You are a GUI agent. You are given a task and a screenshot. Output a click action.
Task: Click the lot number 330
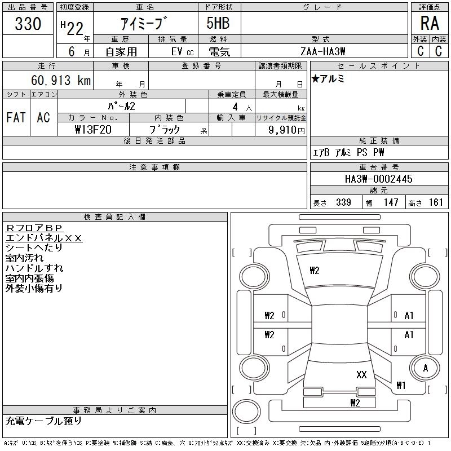point(28,24)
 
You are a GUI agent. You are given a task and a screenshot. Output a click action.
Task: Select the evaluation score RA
point(430,23)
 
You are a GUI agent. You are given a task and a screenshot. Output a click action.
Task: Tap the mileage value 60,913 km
point(61,80)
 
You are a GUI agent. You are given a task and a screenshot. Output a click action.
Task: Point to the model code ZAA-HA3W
point(322,51)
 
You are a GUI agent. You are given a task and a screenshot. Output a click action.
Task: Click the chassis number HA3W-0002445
point(378,179)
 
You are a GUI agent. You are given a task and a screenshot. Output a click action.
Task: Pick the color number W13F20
point(93,130)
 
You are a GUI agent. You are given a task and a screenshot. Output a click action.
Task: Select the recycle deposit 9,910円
point(286,130)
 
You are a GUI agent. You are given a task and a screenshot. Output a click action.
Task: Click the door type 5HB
point(218,23)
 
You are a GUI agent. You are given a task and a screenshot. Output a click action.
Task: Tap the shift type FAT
point(16,117)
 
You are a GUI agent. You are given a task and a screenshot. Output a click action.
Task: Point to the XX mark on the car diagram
point(361,374)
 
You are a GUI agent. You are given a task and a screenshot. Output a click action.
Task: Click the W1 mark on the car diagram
point(401,385)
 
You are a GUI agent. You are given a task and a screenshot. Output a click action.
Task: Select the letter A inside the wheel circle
point(426,368)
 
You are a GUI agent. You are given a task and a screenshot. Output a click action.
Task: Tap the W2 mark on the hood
point(315,271)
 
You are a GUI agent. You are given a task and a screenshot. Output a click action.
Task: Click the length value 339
point(343,202)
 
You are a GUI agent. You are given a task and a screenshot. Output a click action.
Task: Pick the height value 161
point(436,202)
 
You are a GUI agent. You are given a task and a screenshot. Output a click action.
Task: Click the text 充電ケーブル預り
point(44,421)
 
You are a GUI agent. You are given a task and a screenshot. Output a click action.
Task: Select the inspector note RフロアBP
point(34,228)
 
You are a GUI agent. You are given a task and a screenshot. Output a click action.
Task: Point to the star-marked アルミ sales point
point(328,78)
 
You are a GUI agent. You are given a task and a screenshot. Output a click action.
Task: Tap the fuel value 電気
point(219,52)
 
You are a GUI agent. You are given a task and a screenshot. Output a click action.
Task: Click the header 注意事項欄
point(154,167)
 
